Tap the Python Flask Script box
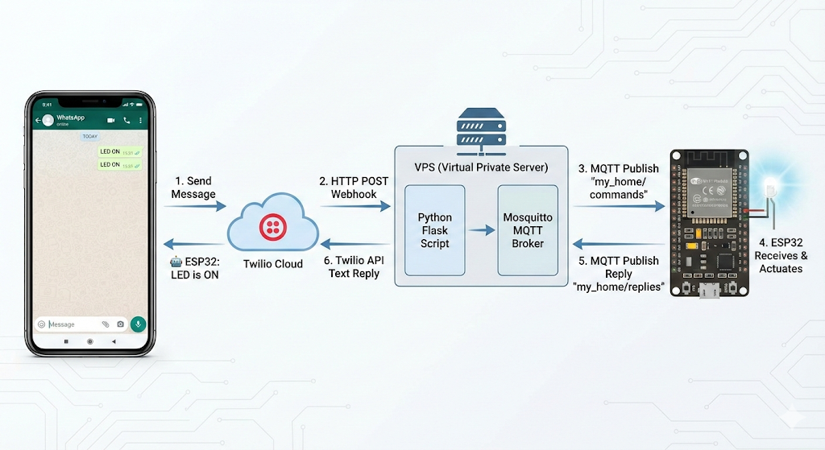coord(435,230)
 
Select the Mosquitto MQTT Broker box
coord(528,230)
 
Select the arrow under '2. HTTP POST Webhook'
coord(354,207)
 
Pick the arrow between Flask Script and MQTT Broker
coord(482,230)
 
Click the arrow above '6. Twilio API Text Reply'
coord(354,244)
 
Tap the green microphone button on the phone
coord(138,324)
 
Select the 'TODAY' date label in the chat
coord(90,136)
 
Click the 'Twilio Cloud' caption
coord(273,263)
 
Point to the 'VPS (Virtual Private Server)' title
coord(481,167)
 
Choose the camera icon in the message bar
coord(120,324)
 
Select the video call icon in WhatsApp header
coord(111,120)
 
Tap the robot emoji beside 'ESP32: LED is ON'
coord(176,262)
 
